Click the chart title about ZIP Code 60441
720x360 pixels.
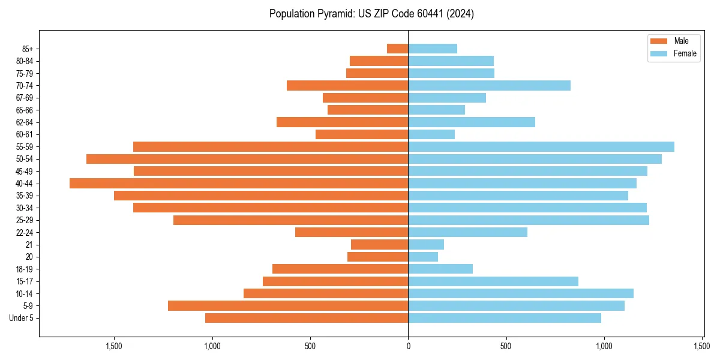(x=371, y=14)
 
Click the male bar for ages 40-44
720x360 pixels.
(x=239, y=184)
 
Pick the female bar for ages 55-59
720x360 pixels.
(x=541, y=147)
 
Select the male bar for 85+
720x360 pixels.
(x=397, y=49)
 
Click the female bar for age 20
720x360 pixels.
(x=423, y=257)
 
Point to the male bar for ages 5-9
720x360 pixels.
(x=288, y=306)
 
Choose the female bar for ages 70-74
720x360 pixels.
(x=489, y=86)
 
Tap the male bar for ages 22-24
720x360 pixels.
(x=352, y=232)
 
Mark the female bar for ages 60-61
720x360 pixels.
(x=431, y=134)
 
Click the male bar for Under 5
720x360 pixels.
(x=307, y=318)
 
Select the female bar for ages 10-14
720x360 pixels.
(x=521, y=293)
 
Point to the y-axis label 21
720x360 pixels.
(x=29, y=245)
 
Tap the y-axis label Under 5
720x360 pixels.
(x=22, y=318)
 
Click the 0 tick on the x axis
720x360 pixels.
(x=408, y=346)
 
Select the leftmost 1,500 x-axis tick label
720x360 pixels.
(x=114, y=346)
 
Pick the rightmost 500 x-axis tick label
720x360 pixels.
(x=506, y=346)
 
